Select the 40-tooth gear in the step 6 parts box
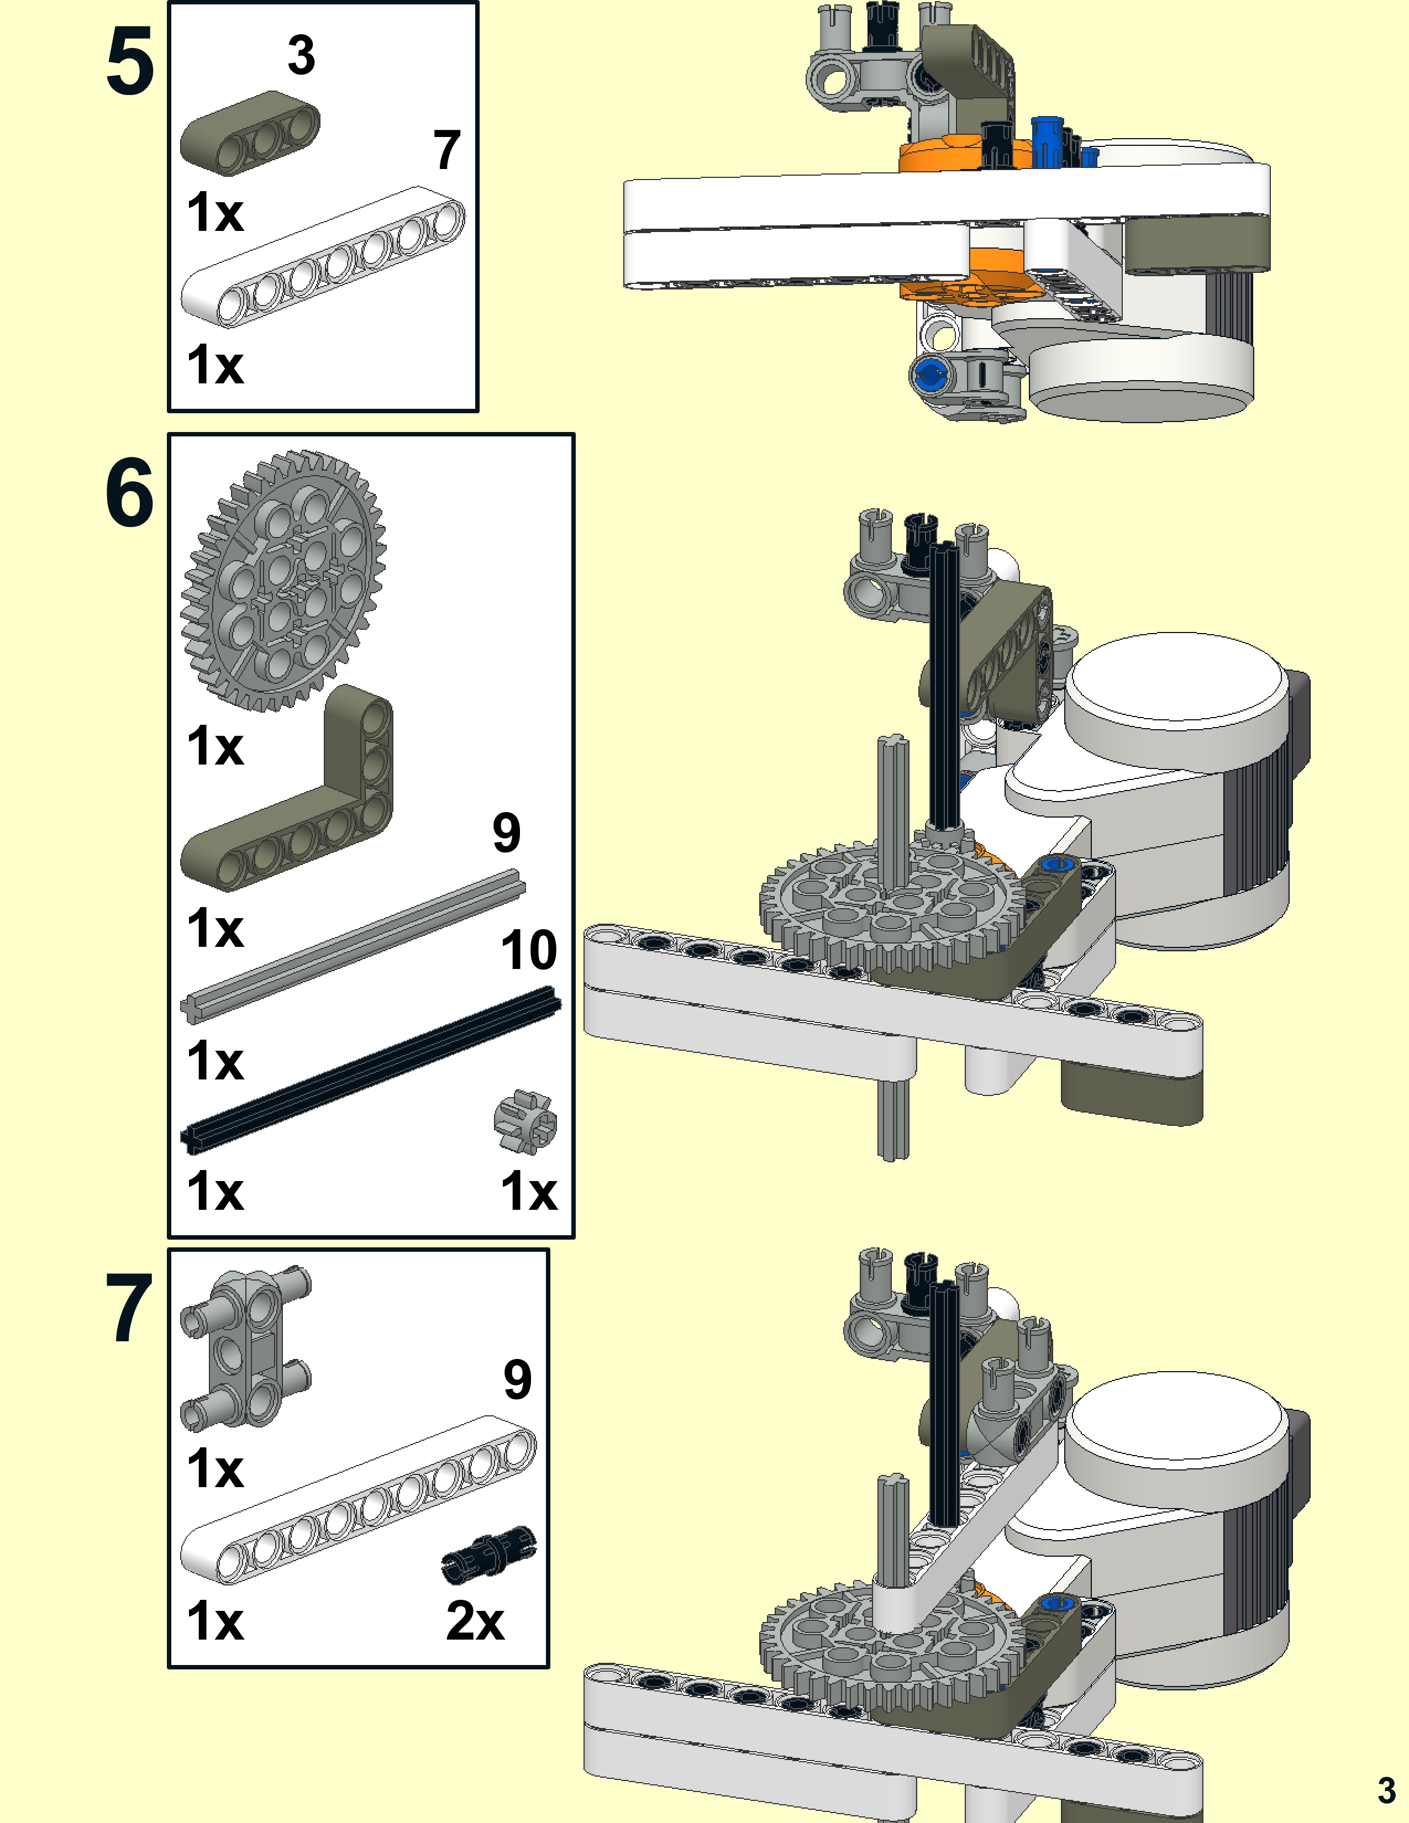(x=283, y=581)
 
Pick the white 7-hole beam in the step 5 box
(x=323, y=256)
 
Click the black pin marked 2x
(x=489, y=1553)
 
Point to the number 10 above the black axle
(x=528, y=950)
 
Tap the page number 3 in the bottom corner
(x=1386, y=1790)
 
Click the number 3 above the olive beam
(x=301, y=55)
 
